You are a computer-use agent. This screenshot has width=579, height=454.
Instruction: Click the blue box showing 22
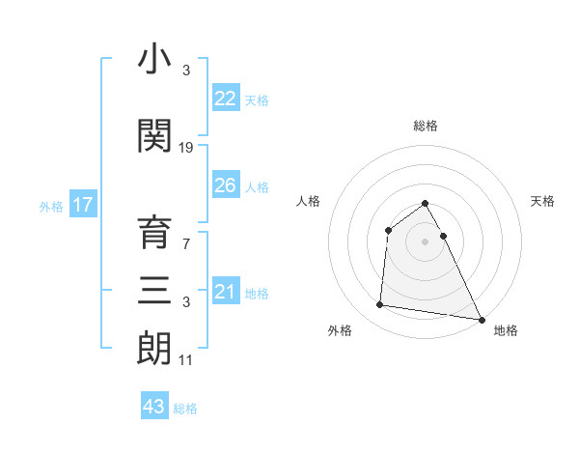pyautogui.click(x=225, y=99)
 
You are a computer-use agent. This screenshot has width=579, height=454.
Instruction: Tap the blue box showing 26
pyautogui.click(x=225, y=185)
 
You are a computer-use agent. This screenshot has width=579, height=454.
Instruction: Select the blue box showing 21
pyautogui.click(x=225, y=291)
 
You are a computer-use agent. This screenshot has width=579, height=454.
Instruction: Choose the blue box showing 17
pyautogui.click(x=83, y=205)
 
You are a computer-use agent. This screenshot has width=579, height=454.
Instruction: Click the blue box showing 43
pyautogui.click(x=154, y=407)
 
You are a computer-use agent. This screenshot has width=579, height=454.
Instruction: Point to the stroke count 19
pyautogui.click(x=186, y=147)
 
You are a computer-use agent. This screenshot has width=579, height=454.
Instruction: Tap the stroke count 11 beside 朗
pyautogui.click(x=186, y=359)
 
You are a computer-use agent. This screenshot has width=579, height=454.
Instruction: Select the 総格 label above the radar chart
pyautogui.click(x=426, y=126)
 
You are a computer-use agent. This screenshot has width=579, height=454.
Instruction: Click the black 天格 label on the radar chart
pyautogui.click(x=543, y=201)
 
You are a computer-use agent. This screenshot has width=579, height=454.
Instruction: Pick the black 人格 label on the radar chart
pyautogui.click(x=308, y=201)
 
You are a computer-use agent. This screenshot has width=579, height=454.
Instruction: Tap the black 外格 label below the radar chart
pyautogui.click(x=340, y=330)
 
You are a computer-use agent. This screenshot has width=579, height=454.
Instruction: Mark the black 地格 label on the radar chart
pyautogui.click(x=506, y=330)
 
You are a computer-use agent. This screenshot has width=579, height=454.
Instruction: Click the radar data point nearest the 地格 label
pyautogui.click(x=482, y=319)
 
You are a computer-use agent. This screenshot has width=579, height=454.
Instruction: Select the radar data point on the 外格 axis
pyautogui.click(x=380, y=305)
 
